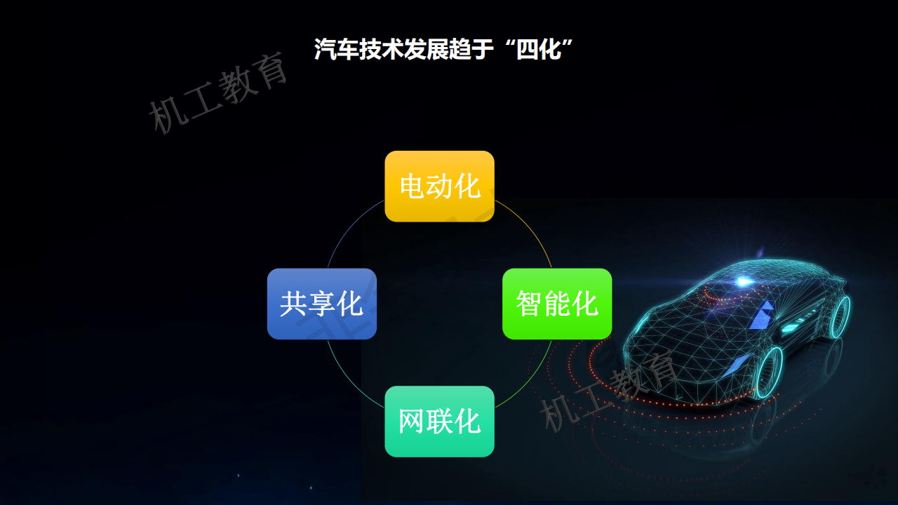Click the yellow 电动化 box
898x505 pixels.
(x=439, y=187)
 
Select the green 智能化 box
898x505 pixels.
(x=557, y=304)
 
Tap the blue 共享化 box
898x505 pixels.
(x=322, y=304)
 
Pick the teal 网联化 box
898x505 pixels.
(x=439, y=422)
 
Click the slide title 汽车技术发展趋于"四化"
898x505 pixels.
(x=443, y=49)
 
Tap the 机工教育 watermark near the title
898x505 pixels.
(x=217, y=93)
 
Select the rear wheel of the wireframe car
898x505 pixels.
(x=840, y=316)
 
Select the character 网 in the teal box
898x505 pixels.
(x=411, y=422)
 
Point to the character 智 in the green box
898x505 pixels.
(x=529, y=304)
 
